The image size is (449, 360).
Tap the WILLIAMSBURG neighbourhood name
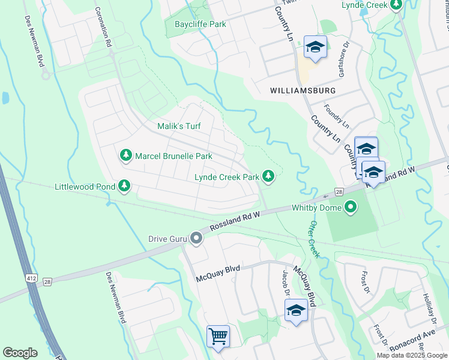[x=303, y=90]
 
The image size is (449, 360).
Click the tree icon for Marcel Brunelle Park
[x=126, y=156]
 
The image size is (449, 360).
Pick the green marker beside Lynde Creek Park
[x=269, y=177]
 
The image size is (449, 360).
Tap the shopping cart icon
[x=218, y=335]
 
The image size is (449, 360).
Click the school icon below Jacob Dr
[x=296, y=310]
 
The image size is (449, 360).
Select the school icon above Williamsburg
[x=315, y=47]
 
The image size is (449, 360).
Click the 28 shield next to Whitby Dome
[x=339, y=192]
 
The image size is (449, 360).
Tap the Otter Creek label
[x=314, y=239]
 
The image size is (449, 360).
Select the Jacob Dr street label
[x=286, y=284]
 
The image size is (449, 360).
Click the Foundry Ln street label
[x=336, y=116]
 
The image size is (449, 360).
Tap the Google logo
[x=20, y=353]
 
